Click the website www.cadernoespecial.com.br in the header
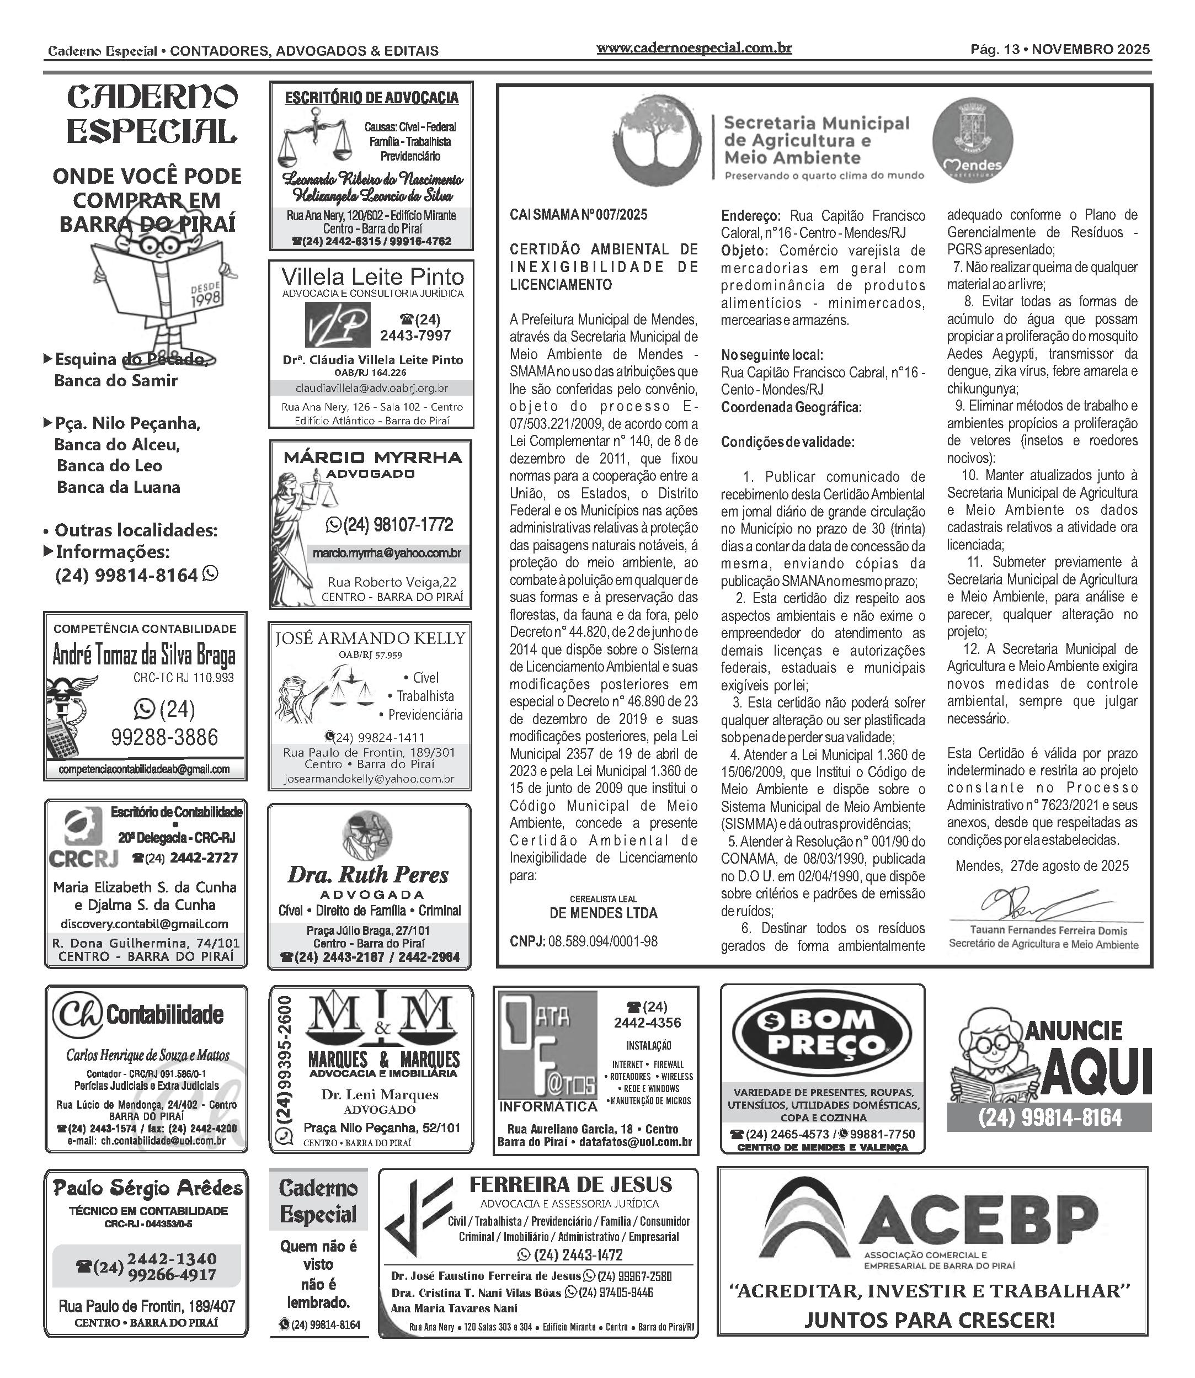pos(693,48)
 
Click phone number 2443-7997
pos(415,336)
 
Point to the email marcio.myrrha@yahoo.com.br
pos(387,553)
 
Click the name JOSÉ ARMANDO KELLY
pos(370,639)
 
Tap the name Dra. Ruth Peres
pos(368,875)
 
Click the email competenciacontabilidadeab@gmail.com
pos(144,769)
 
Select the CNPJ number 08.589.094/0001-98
pos(602,941)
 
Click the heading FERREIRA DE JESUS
pos(571,1185)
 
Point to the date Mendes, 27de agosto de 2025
pos(1042,866)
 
